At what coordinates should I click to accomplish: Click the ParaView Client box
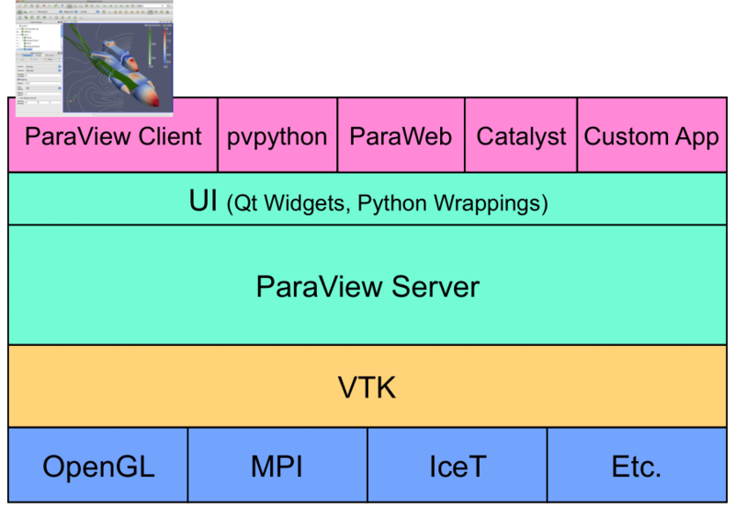coord(112,137)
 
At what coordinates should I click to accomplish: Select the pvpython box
coord(277,137)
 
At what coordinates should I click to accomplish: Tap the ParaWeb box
coord(401,137)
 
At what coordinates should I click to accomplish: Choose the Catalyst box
coord(521,137)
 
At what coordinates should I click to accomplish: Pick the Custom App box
coord(651,137)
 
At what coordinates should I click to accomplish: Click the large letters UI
coord(204,201)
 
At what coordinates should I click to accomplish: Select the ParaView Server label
coord(367,286)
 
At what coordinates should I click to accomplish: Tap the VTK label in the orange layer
coord(367,387)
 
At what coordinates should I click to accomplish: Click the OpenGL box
coord(98,467)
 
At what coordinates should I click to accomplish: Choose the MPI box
coord(277,467)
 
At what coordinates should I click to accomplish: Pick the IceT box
coord(457,467)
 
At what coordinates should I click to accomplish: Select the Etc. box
coord(637,467)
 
